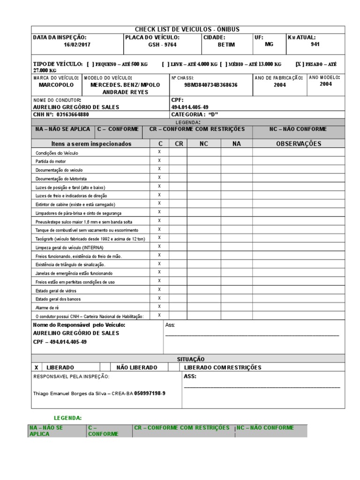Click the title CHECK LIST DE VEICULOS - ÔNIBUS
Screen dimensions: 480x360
[x=187, y=30]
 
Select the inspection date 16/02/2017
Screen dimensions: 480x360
[x=78, y=45]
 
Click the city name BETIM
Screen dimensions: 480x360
[x=226, y=45]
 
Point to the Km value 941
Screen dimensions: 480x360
[x=315, y=45]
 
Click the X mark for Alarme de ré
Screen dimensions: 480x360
[x=159, y=306]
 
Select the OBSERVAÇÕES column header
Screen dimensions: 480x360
[x=299, y=144]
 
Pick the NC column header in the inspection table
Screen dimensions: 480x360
[x=203, y=144]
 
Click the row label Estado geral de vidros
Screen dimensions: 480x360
[x=56, y=291]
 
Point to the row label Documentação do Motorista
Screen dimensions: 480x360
[x=61, y=179]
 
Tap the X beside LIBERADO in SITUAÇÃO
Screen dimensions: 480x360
[x=37, y=367]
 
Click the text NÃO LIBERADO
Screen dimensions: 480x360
[x=136, y=367]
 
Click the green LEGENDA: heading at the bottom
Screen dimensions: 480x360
[x=67, y=417]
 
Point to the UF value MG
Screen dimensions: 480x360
[x=269, y=45]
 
